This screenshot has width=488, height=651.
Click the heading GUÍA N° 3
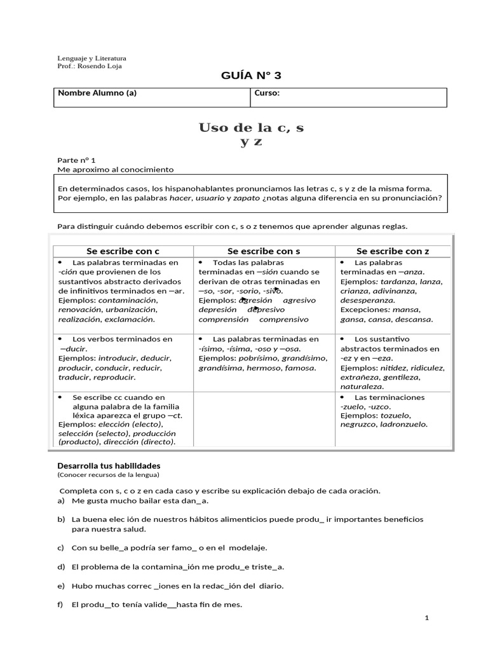tap(250, 76)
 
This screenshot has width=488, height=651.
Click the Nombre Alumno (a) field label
tap(97, 93)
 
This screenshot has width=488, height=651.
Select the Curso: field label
tap(267, 93)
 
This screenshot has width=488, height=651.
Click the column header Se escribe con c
tap(123, 251)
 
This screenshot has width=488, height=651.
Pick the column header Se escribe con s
tap(264, 251)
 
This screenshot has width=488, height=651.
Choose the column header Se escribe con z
tap(393, 251)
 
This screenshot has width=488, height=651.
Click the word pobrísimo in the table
tap(262, 358)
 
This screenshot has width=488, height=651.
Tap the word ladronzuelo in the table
tap(402, 425)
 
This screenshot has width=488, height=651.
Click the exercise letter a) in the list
tap(61, 501)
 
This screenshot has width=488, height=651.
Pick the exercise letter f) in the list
tap(60, 605)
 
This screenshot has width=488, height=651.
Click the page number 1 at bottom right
tap(428, 618)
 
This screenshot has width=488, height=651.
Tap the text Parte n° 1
tap(76, 161)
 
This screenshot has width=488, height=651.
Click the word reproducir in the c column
tap(114, 377)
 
